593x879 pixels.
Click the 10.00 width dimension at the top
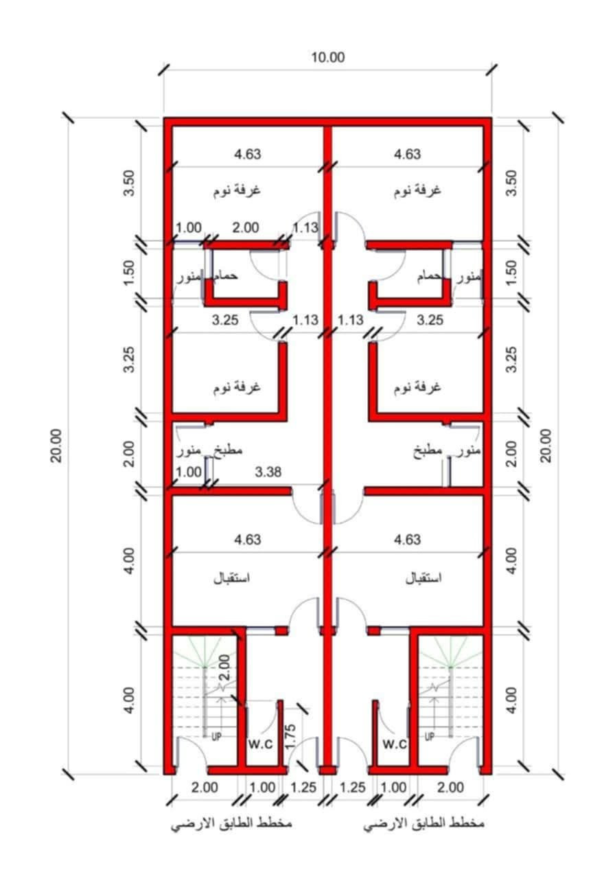328,58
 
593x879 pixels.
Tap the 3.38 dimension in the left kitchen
268,472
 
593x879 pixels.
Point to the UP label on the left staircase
216,737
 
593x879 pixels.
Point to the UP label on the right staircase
430,737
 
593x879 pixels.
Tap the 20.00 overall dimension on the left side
56,446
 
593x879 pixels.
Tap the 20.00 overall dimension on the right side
546,446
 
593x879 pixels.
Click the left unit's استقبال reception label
232,578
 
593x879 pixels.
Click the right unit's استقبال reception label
423,578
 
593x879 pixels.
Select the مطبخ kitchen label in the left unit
228,450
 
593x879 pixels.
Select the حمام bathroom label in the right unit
430,277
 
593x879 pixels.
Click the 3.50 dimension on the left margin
129,183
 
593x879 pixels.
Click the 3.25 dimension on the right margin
511,359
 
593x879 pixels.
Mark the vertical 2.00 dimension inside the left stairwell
224,668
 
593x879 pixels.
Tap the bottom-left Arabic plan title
231,823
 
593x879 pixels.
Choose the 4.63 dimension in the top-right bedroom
408,155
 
